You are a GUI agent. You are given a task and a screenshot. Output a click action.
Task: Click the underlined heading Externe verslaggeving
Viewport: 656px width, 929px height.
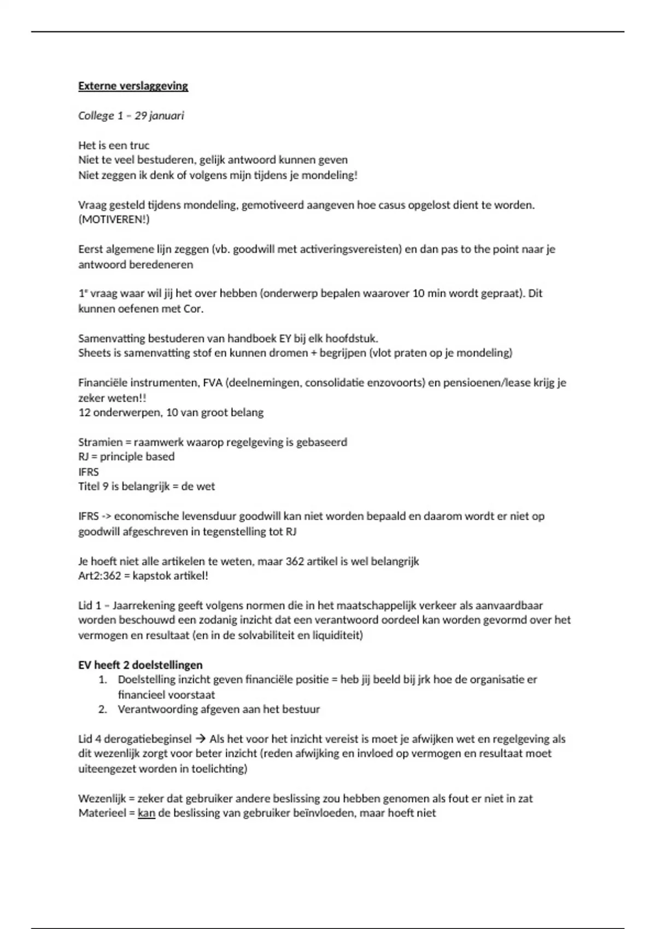[x=133, y=86]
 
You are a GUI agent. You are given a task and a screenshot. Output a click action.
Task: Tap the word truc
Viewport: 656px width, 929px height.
[x=139, y=145]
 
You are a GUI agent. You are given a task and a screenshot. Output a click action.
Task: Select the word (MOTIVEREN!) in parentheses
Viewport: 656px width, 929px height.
[x=114, y=220]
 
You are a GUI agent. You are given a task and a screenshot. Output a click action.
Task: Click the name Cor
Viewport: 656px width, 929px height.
[x=194, y=309]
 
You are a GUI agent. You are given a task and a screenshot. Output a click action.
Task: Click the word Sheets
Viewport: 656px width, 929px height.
[x=94, y=353]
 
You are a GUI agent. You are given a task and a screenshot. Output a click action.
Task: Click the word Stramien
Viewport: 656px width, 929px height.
[x=101, y=442]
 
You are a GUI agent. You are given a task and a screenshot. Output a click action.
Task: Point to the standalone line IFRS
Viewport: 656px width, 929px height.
[x=89, y=472]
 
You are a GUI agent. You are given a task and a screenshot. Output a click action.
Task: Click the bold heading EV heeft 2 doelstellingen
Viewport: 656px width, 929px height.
[x=140, y=665]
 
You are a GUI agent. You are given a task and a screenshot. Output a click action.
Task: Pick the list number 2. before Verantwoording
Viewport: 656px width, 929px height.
[x=102, y=709]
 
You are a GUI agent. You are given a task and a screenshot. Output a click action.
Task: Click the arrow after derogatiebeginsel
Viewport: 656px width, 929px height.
[x=200, y=739]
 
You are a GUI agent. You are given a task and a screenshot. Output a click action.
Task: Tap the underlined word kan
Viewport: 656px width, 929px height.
[x=147, y=813]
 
